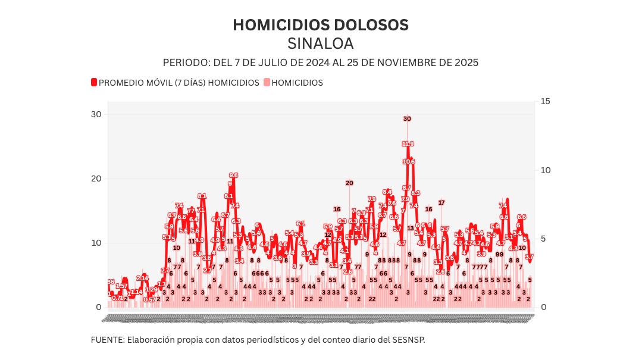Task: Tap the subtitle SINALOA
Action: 320,44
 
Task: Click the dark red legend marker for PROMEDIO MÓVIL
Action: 93,83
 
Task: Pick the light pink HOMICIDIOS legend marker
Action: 266,83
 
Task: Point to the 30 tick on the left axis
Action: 95,114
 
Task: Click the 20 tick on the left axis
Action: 95,179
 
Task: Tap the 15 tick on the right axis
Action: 545,101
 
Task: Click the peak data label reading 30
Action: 407,119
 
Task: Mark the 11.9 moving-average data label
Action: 408,143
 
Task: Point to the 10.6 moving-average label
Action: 408,161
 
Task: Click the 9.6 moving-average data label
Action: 233,175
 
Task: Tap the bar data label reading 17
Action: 441,203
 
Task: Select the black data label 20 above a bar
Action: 349,183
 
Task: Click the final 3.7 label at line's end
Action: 529,256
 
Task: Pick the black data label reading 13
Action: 410,228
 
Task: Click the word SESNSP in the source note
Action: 409,340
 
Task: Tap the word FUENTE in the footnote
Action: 107,340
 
